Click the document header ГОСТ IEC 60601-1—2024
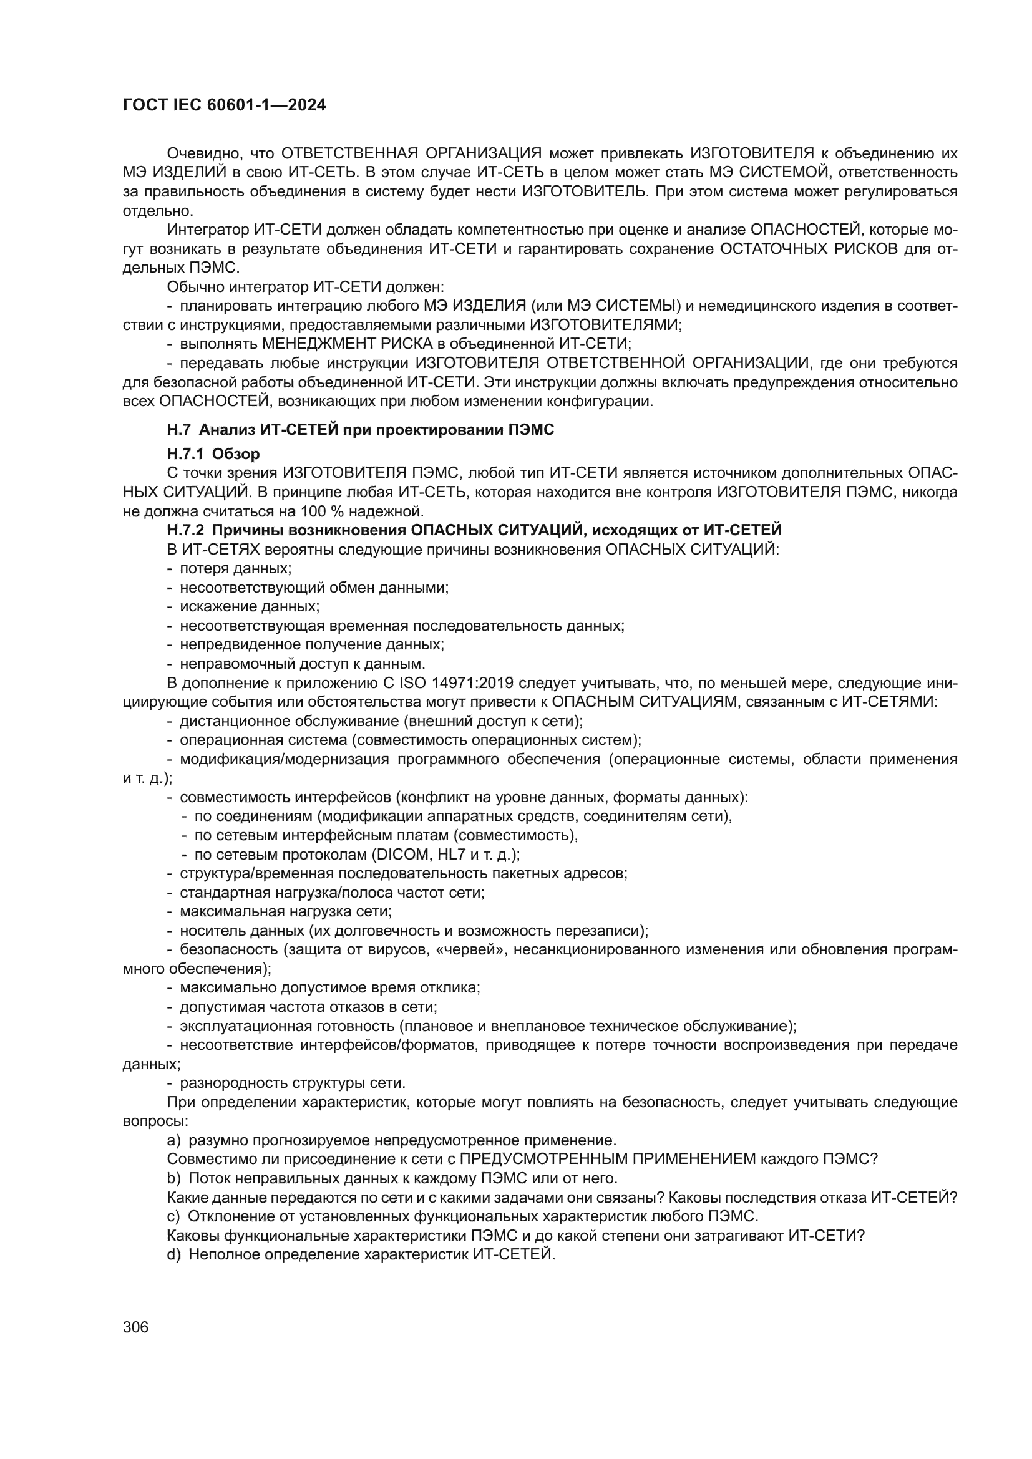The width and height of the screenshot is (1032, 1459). (224, 105)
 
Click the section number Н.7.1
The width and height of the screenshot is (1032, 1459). (185, 453)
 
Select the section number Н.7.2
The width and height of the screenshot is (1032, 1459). (185, 530)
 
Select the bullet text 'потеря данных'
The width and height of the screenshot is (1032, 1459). (235, 568)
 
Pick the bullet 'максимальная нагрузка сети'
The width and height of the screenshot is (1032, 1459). (285, 911)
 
